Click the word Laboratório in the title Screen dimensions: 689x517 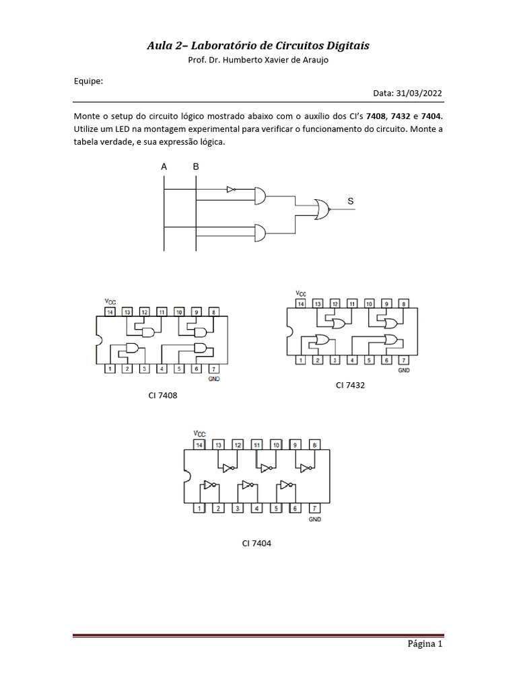216,46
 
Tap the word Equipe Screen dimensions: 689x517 88,81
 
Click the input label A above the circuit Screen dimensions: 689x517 164,166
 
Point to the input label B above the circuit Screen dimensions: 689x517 196,166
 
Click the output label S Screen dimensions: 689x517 351,201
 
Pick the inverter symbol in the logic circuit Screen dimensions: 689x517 232,190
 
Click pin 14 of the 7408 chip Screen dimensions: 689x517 109,312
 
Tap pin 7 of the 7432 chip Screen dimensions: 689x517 403,361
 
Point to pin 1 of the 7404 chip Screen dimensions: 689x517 199,508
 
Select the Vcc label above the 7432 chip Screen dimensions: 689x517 300,293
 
